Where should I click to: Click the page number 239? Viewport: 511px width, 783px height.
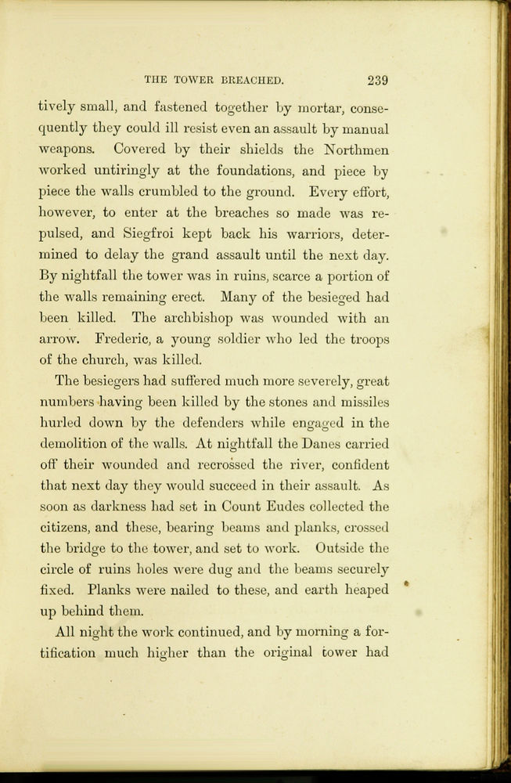tap(376, 80)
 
